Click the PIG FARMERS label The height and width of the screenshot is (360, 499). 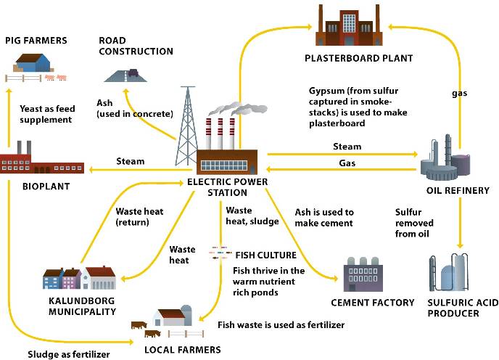pos(36,41)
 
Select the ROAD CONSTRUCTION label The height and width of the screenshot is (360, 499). pos(136,46)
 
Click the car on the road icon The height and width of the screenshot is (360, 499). pos(133,73)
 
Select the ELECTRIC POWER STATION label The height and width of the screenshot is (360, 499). pos(227,187)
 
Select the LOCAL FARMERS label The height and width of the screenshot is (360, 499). pos(182,350)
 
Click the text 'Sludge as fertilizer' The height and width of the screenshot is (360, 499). pos(68,355)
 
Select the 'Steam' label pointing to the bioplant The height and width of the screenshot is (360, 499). pos(131,161)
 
